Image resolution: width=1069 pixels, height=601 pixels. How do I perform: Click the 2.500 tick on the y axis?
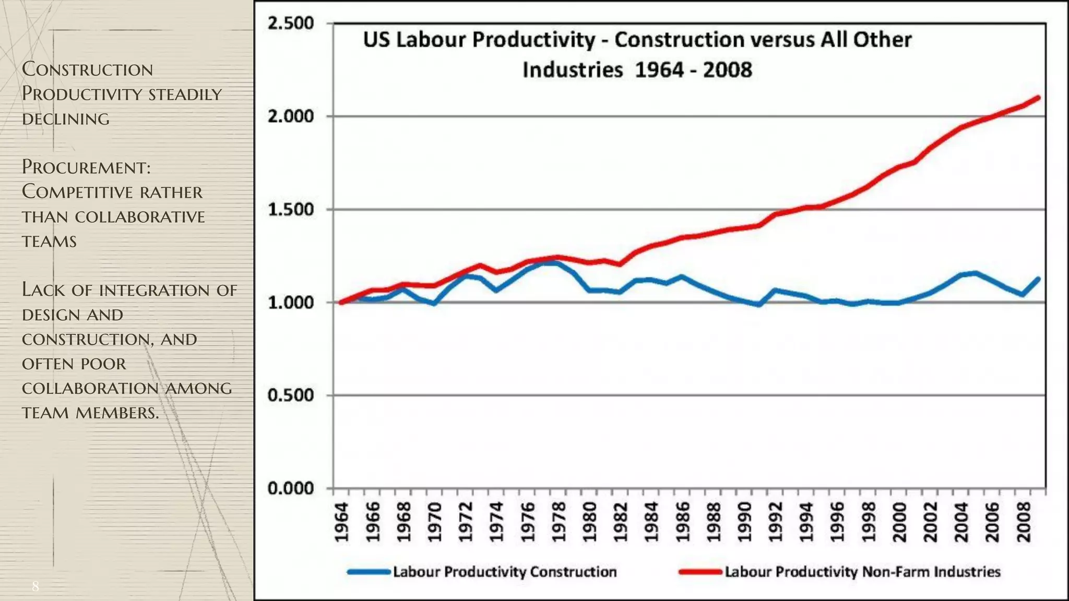(290, 23)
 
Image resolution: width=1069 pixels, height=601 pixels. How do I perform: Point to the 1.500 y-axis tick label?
(290, 210)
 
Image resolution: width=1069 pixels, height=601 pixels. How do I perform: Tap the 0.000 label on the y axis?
(290, 489)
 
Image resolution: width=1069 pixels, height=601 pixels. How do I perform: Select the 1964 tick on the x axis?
(341, 522)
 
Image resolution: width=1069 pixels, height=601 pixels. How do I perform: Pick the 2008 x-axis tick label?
(1024, 522)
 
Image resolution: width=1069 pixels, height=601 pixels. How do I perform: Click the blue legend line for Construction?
(369, 572)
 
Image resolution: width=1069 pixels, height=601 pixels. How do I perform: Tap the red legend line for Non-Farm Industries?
(700, 572)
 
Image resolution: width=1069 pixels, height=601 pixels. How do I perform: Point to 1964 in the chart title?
(659, 70)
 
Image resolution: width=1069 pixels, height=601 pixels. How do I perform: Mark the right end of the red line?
(1038, 98)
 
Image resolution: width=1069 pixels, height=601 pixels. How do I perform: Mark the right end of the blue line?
(1038, 279)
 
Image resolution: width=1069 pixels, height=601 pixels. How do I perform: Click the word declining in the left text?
(66, 119)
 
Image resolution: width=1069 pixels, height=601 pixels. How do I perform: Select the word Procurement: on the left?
(86, 167)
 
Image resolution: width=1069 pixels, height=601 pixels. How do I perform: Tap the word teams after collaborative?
(49, 242)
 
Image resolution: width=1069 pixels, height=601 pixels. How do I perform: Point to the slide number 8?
(35, 586)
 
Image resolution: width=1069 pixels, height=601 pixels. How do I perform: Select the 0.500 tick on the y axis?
(290, 395)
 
